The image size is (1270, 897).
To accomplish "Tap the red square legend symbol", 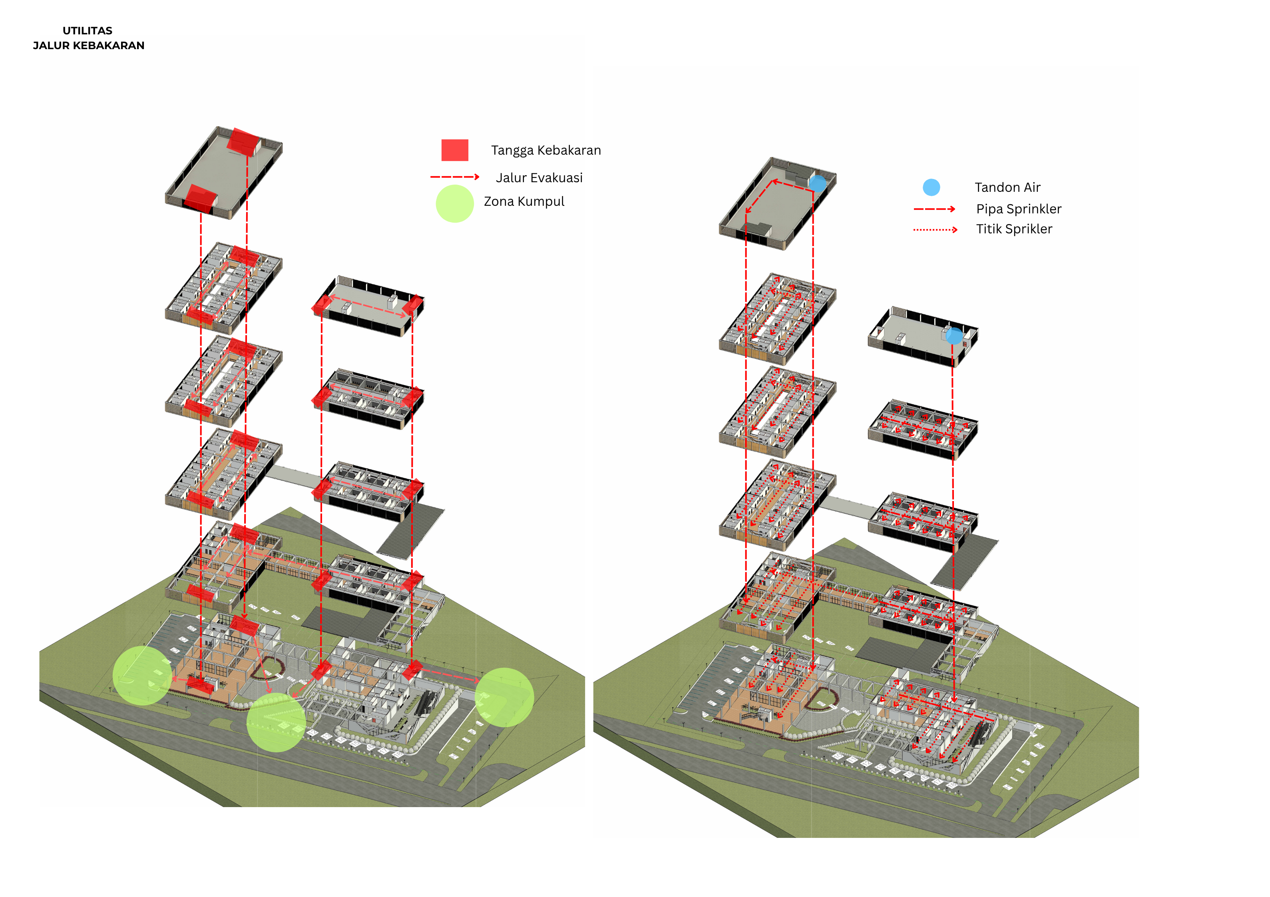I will (455, 150).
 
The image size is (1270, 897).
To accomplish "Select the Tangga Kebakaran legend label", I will (545, 150).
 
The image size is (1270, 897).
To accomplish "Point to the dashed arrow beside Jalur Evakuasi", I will (455, 177).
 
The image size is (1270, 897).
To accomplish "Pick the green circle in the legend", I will (455, 203).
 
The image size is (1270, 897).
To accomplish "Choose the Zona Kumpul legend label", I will (524, 202).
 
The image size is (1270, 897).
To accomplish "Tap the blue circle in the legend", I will (932, 187).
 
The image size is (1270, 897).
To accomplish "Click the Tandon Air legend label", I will (1007, 187).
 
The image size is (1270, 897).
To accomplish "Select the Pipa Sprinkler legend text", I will (1018, 209).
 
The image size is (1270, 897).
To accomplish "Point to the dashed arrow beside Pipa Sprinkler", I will (934, 209).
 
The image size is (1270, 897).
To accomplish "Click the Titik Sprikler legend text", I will (1014, 229).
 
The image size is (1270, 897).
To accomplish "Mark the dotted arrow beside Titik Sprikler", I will (935, 229).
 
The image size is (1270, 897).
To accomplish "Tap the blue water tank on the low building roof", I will (953, 336).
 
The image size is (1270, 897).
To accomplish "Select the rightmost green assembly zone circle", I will (504, 697).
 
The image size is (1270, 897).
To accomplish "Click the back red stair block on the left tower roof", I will (244, 141).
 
